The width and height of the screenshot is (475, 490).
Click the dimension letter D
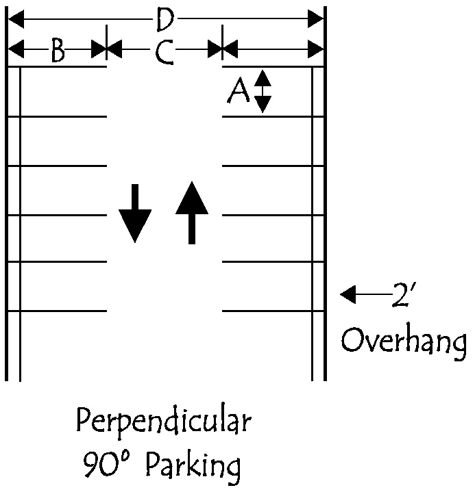165,19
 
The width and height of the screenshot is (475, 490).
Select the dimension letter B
58,50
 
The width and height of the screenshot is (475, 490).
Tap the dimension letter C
164,52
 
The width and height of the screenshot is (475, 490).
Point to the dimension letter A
239,91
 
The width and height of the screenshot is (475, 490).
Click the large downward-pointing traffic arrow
135,214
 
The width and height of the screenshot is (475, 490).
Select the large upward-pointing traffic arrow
192,213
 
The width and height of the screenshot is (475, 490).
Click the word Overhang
403,343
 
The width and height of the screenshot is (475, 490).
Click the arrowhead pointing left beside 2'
348,294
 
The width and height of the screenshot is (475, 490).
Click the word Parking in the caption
193,466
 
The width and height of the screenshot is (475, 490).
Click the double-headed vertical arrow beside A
263,91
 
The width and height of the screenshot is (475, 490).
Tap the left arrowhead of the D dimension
16,19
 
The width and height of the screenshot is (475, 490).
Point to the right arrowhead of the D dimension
315,18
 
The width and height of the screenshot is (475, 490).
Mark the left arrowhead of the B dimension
16,49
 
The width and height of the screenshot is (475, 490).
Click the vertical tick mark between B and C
106,42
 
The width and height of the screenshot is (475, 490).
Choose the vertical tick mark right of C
222,42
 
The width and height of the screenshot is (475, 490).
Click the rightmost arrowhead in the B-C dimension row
315,49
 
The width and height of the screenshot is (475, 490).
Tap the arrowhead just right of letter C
215,49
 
